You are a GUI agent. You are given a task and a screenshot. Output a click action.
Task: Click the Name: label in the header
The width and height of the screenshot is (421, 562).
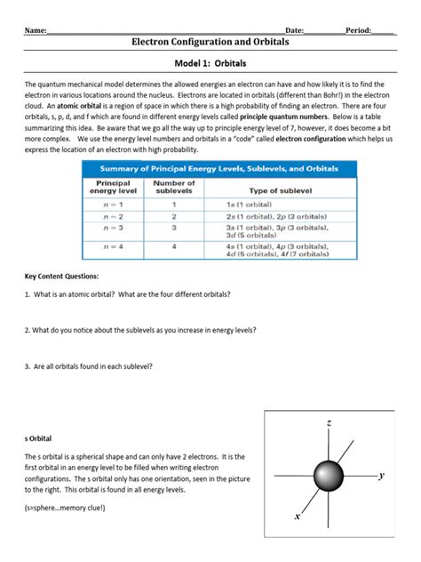click(35, 30)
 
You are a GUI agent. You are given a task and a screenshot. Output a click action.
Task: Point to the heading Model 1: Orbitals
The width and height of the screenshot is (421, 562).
click(210, 65)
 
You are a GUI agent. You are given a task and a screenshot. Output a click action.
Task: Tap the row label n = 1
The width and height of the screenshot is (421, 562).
click(112, 205)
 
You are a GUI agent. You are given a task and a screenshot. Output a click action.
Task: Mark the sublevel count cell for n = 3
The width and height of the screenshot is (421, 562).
click(173, 228)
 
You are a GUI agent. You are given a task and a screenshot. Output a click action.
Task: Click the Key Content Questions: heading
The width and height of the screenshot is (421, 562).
click(61, 277)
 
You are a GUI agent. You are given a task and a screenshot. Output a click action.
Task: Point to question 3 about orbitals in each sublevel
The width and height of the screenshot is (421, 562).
click(89, 365)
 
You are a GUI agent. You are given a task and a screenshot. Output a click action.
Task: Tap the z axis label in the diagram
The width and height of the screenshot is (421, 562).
click(329, 423)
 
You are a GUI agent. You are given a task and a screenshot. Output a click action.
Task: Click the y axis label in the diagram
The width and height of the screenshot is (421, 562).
click(381, 476)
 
